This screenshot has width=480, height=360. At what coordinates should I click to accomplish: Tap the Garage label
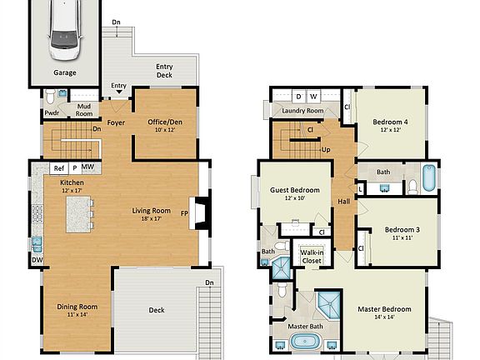coord(65,72)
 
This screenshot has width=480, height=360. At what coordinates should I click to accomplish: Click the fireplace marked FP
coord(194,212)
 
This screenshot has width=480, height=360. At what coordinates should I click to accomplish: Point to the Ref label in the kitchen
coord(59,168)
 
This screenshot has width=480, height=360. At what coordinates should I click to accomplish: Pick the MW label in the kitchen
coord(87,168)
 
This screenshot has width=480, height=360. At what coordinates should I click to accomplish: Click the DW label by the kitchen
coord(36,260)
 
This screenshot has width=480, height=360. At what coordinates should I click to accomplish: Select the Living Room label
coord(150,211)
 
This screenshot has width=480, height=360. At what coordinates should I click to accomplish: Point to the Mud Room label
coord(83,110)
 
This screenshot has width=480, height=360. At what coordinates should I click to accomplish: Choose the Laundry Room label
coord(302,111)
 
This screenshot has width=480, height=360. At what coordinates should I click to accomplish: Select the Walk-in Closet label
coord(312,256)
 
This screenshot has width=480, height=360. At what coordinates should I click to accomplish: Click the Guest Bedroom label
coord(295,190)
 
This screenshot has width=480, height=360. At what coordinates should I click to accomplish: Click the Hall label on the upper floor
coord(343,202)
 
